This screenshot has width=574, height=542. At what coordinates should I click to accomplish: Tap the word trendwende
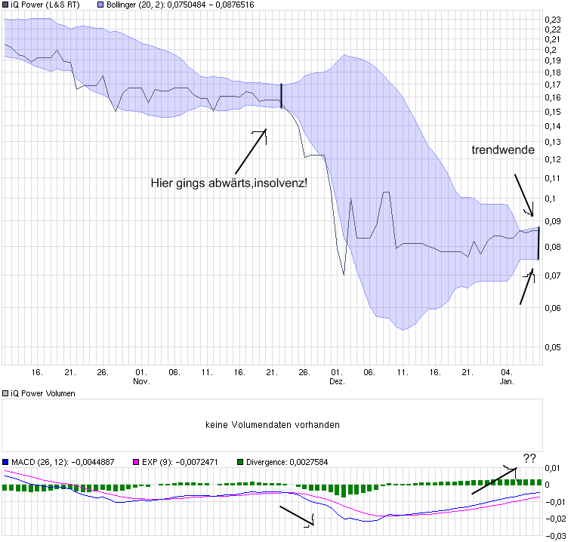(503, 150)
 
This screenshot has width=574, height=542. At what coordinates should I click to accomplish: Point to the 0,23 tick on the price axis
(553, 19)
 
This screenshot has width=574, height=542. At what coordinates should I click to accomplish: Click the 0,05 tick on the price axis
(553, 347)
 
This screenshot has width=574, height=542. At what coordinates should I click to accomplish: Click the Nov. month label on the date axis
(141, 382)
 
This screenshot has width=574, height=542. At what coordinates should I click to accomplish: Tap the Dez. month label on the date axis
(337, 382)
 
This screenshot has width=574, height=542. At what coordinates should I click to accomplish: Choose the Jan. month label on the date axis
(508, 382)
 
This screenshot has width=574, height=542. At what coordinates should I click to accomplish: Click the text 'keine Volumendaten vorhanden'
(273, 425)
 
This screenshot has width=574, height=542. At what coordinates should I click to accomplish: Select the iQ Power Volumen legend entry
(42, 394)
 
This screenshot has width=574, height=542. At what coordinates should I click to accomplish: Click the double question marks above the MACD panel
(529, 457)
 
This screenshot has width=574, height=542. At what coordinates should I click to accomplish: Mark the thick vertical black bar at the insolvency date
(281, 96)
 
